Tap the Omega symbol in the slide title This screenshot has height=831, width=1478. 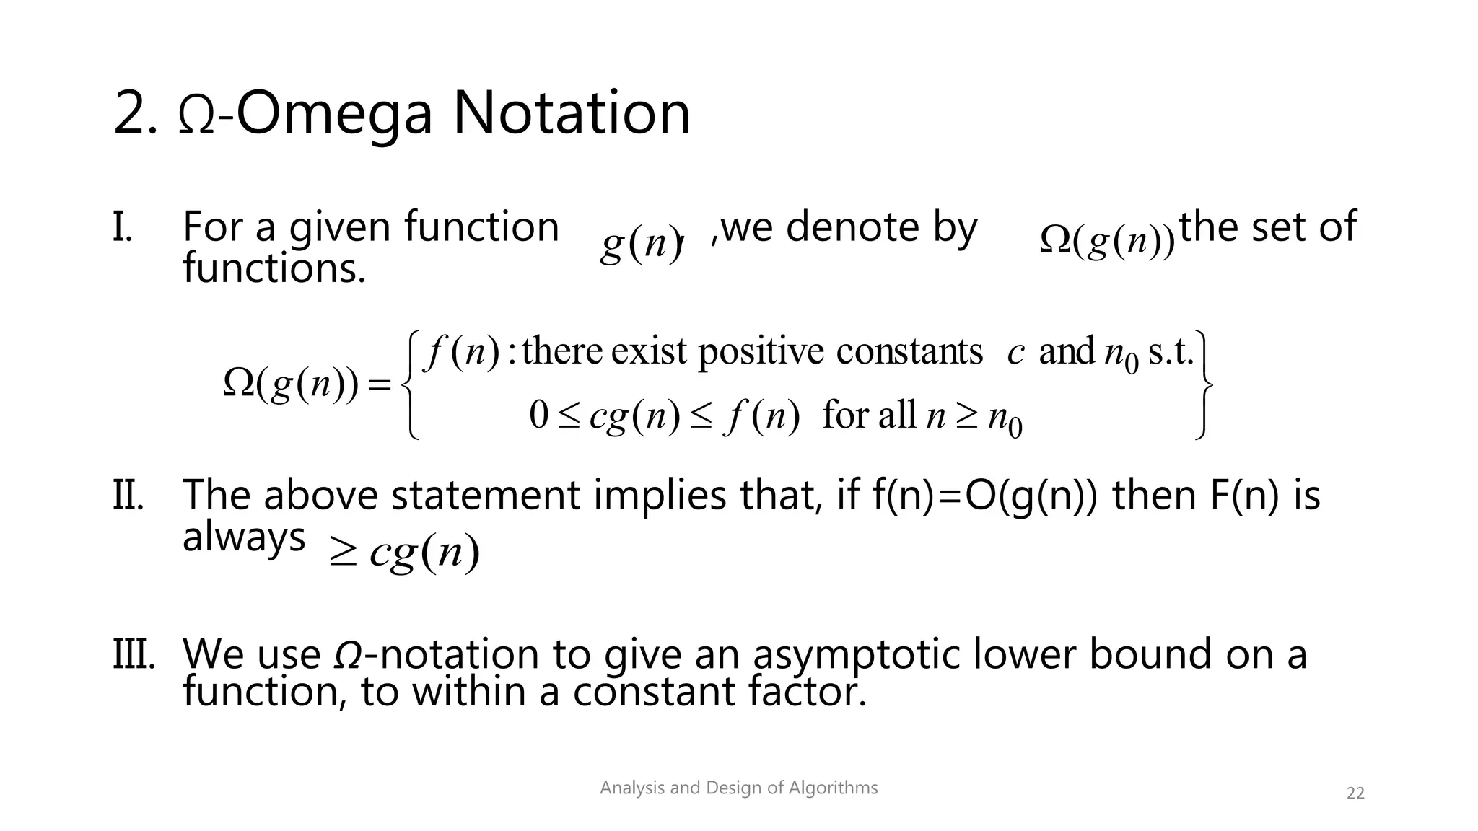196,115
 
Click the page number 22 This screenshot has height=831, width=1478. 1355,793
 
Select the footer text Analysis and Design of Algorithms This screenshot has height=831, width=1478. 738,788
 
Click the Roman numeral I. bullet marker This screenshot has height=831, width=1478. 123,227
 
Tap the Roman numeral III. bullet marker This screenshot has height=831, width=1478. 134,654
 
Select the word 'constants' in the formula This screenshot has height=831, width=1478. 909,353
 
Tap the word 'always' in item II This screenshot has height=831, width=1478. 244,537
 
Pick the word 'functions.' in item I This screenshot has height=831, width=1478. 274,268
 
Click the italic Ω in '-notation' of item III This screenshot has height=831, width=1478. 349,655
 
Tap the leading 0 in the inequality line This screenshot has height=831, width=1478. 539,416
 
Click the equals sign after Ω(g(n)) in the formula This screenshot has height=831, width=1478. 379,384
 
